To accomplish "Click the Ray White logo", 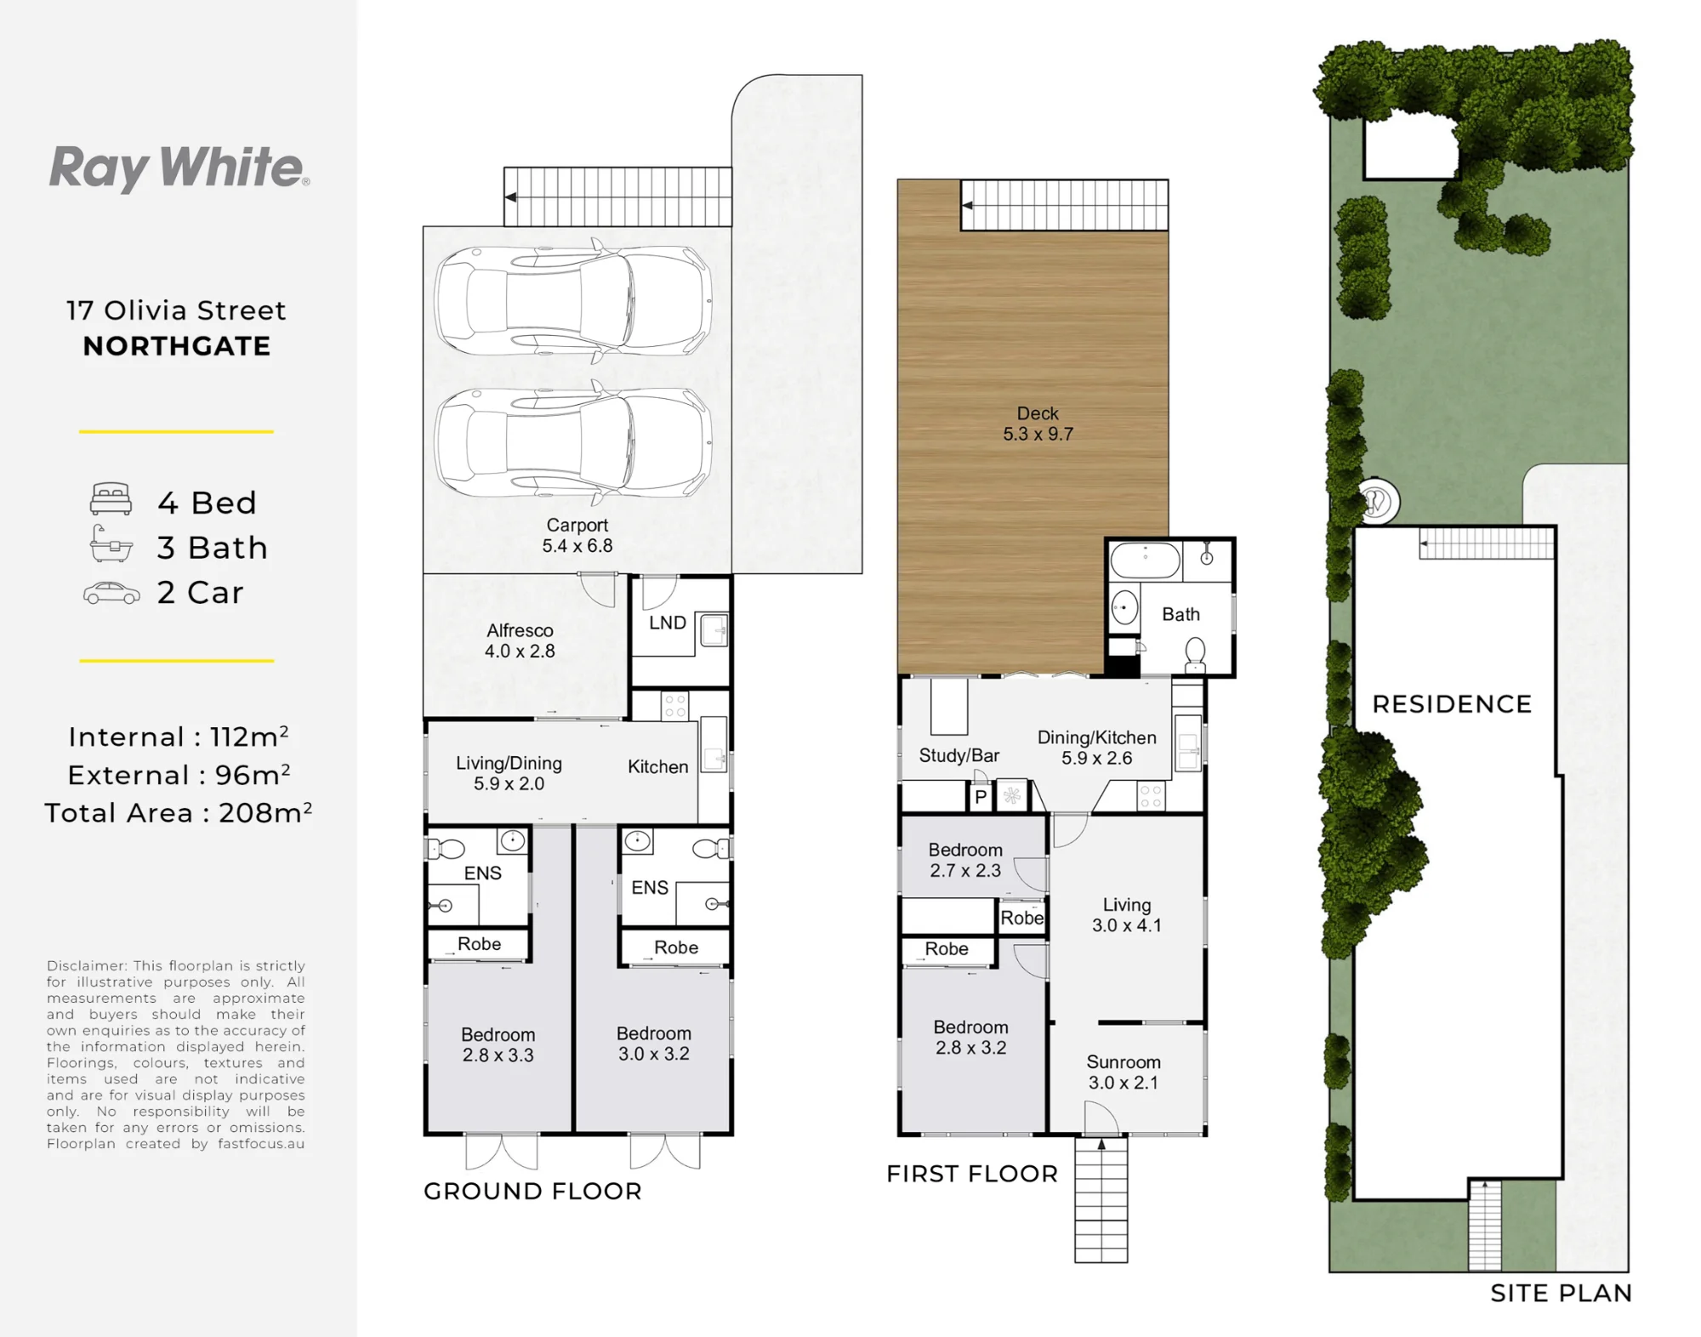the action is (179, 168).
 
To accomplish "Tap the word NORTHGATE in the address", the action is (177, 346).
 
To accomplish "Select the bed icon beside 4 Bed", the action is (111, 499).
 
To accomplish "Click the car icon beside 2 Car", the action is (111, 593).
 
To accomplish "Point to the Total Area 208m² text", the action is (179, 812).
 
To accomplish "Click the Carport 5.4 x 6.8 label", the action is (577, 536).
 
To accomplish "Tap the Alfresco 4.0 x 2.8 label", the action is (520, 640).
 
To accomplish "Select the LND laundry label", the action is (668, 623).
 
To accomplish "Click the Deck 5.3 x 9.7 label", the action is (1038, 424).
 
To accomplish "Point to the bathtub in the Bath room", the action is (1145, 560).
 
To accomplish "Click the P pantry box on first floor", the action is (981, 797).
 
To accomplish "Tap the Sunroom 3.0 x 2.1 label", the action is (1124, 1072).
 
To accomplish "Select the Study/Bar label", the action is (959, 755).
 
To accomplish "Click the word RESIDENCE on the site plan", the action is (1452, 704).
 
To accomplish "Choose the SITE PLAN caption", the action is (1561, 1294).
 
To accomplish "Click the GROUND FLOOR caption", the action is (532, 1191).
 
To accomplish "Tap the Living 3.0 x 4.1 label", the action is (1127, 915).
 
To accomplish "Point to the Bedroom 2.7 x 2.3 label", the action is (965, 860).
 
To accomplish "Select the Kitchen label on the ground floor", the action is (657, 766).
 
